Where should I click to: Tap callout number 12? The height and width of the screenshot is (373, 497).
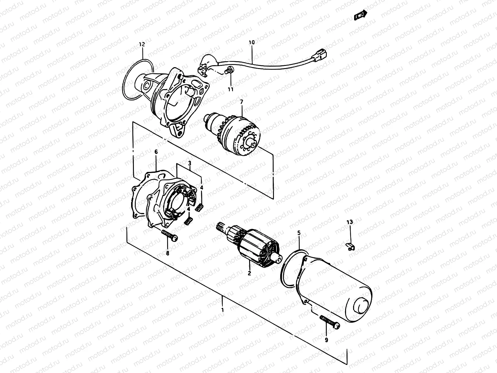[142, 44]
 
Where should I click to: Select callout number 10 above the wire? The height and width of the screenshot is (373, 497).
[252, 42]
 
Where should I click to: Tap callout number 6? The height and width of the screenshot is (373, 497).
[156, 152]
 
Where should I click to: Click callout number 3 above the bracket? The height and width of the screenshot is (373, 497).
[189, 163]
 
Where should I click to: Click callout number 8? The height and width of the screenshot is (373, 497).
[167, 253]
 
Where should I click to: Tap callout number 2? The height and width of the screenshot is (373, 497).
[249, 274]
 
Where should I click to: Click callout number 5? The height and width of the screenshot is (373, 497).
[299, 233]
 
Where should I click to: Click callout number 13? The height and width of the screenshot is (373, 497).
[350, 222]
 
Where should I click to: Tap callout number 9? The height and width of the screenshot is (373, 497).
[326, 340]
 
